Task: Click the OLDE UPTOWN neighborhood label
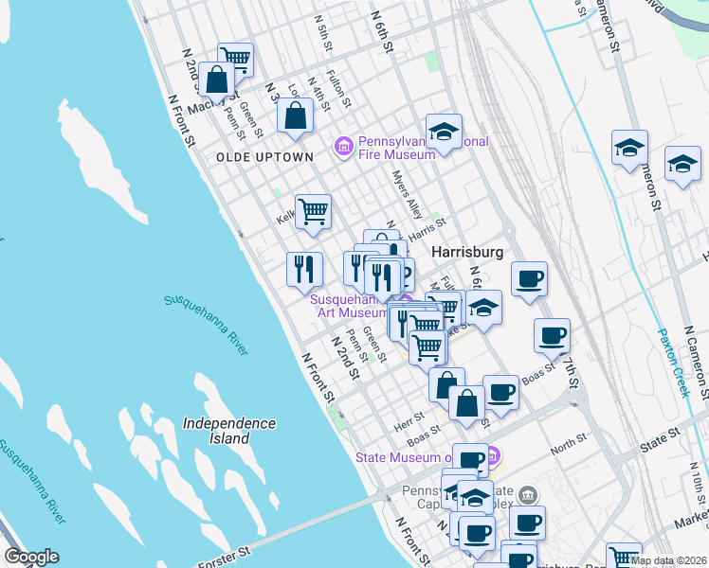click(x=264, y=156)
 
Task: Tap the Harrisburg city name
click(x=465, y=253)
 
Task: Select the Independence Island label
click(x=229, y=431)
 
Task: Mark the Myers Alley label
click(x=408, y=194)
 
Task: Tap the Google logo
click(x=31, y=556)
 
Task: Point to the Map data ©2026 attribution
click(x=668, y=560)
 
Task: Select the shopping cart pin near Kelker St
click(x=313, y=211)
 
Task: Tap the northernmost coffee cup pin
click(x=530, y=277)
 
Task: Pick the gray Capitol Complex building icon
click(x=528, y=493)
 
